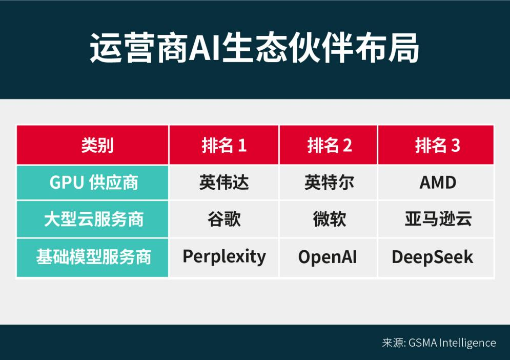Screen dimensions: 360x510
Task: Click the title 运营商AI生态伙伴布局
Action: coord(255,49)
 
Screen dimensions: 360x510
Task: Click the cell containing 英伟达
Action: coord(224,183)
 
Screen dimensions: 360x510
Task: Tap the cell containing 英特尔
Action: coord(329,183)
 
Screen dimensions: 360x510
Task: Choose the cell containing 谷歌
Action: coord(224,219)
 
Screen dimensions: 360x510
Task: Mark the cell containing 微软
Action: coord(329,219)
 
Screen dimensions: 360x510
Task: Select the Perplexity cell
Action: coord(224,256)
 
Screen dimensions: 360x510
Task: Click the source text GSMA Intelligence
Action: coord(452,343)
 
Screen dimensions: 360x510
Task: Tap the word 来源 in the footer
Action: coord(393,343)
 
